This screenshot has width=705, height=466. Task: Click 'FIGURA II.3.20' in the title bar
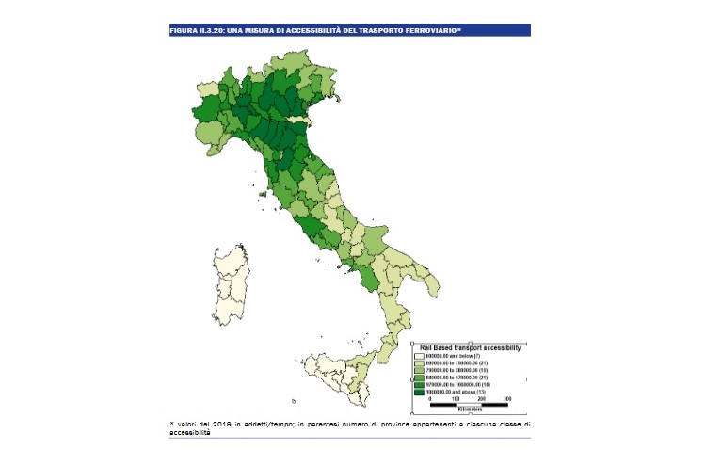(196, 31)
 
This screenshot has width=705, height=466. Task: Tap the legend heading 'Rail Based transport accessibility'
(470, 347)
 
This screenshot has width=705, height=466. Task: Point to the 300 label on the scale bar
(508, 399)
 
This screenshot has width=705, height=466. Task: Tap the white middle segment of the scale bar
(470, 405)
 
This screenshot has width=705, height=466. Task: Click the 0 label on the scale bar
(431, 399)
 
